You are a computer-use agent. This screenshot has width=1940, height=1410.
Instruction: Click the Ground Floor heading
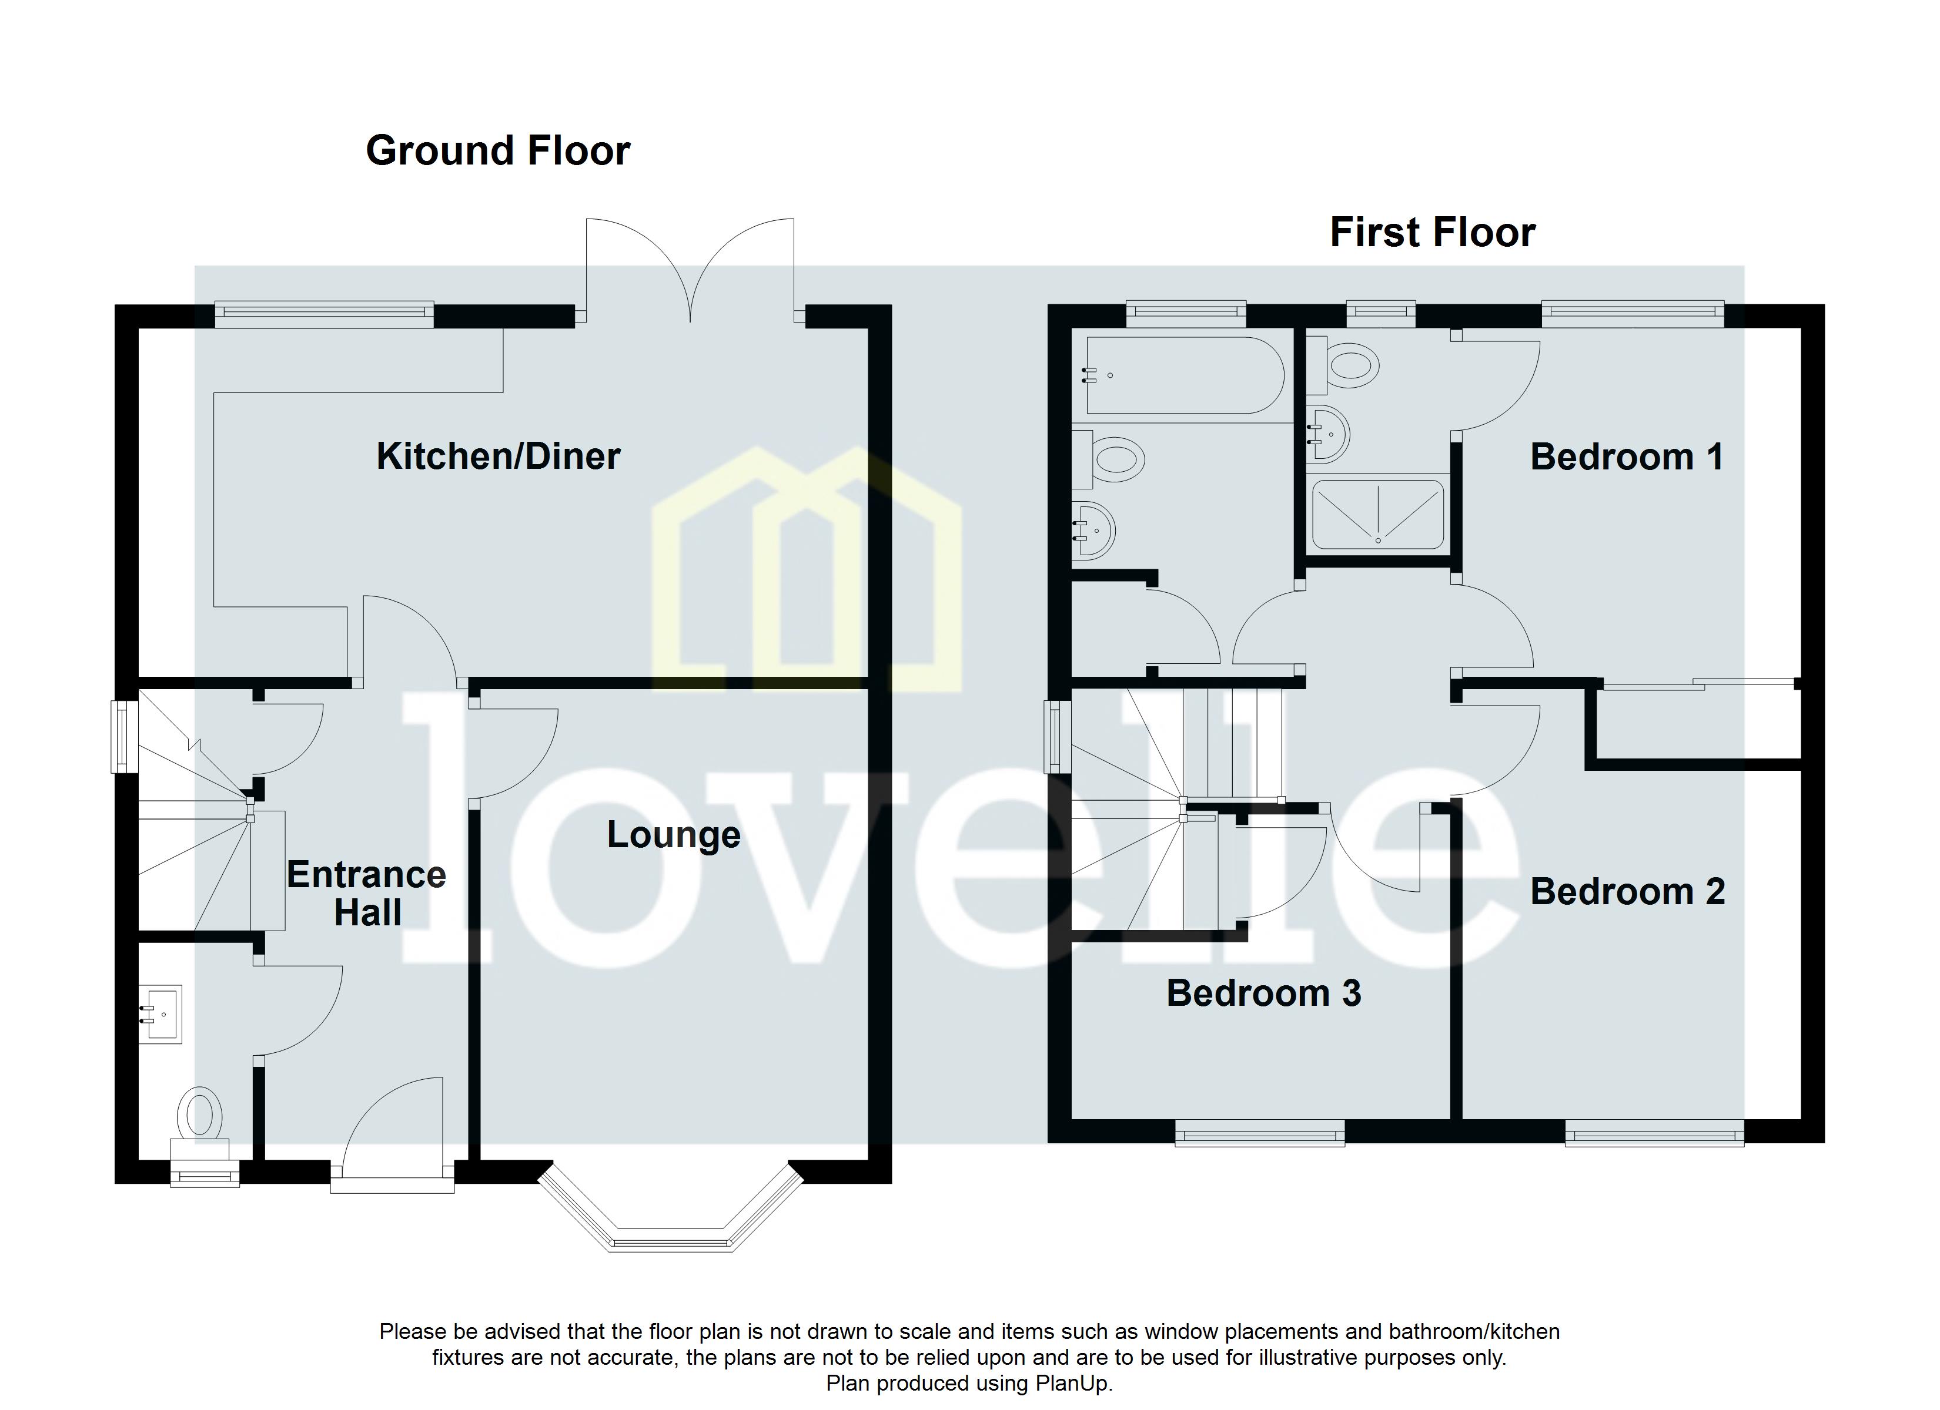click(498, 150)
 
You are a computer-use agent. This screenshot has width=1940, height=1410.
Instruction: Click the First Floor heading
click(1432, 233)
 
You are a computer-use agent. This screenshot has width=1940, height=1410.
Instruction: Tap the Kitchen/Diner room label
click(498, 456)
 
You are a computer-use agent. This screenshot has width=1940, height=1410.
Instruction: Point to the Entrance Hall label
click(366, 894)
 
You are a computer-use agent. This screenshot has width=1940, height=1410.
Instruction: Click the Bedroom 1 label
click(1626, 456)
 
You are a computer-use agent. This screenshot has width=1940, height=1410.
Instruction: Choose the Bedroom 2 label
click(1627, 892)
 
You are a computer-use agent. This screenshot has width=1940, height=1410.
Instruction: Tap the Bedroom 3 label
click(1263, 993)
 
